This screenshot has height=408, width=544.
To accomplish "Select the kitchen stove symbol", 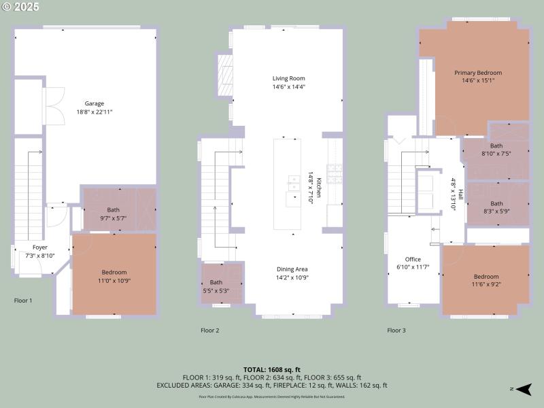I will pyautogui.click(x=335, y=173).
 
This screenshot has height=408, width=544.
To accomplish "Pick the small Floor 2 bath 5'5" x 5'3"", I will pyautogui.click(x=216, y=286).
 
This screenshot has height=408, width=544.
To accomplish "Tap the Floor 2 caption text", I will pyautogui.click(x=209, y=330).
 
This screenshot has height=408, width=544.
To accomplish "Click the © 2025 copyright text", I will pyautogui.click(x=21, y=7).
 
